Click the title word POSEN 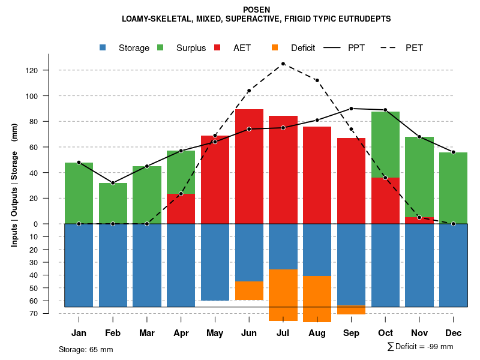pyautogui.click(x=256, y=10)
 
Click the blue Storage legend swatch pyautogui.click(x=103, y=47)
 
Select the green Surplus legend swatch pyautogui.click(x=161, y=47)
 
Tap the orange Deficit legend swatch pyautogui.click(x=275, y=47)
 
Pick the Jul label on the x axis pyautogui.click(x=283, y=333)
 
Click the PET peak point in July pyautogui.click(x=283, y=64)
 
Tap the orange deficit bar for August pyautogui.click(x=317, y=299)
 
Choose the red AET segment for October pyautogui.click(x=385, y=201)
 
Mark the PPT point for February pyautogui.click(x=113, y=183)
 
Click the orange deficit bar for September pyautogui.click(x=351, y=310)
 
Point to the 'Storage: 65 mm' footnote pyautogui.click(x=86, y=349)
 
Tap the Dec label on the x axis pyautogui.click(x=454, y=333)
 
